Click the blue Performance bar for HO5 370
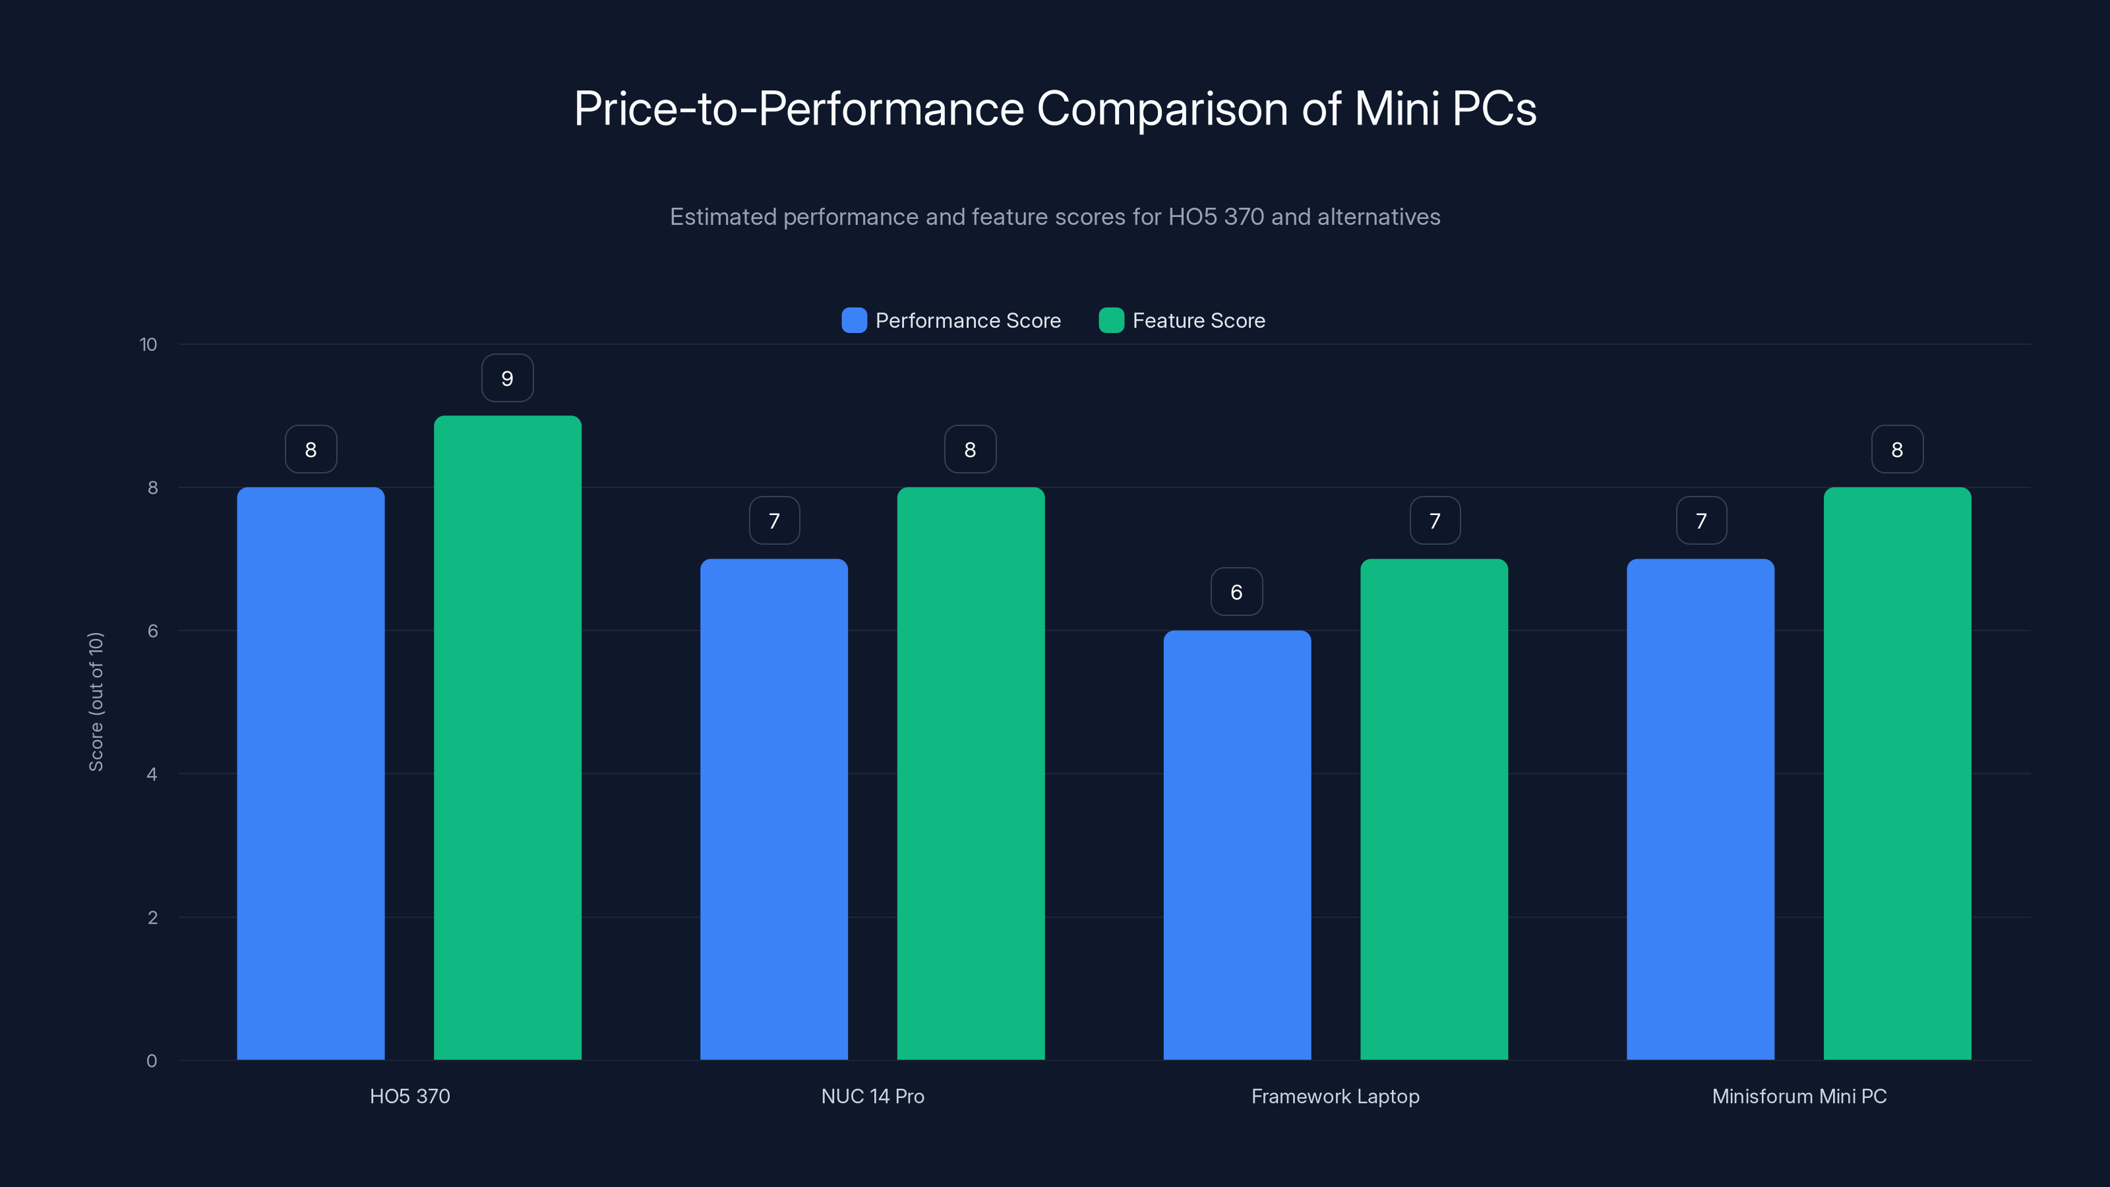[311, 774]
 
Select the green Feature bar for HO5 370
[507, 737]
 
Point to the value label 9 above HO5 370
[507, 379]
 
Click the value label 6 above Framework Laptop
[1236, 592]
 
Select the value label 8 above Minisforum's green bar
[1896, 449]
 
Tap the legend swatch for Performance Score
[853, 320]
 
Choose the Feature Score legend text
[1198, 320]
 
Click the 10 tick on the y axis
[148, 344]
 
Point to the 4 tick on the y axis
[152, 774]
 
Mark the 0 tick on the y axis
[152, 1061]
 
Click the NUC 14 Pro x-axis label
[872, 1096]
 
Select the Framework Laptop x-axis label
[1335, 1096]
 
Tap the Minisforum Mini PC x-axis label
[1799, 1096]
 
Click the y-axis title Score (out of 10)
[96, 701]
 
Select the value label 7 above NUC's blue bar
[773, 520]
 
